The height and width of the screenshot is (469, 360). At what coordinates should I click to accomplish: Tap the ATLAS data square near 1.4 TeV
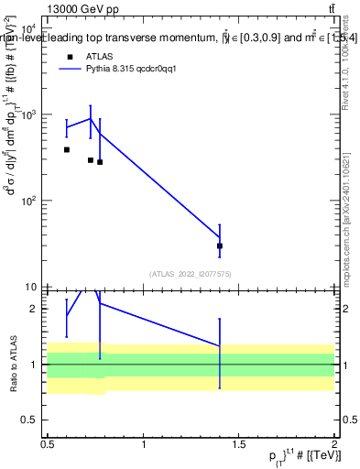coord(220,245)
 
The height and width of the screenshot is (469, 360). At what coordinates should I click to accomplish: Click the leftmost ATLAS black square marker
coord(67,149)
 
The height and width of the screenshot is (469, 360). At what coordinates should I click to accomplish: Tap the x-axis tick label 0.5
coord(48,444)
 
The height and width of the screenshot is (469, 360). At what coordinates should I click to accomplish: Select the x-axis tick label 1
coord(144,444)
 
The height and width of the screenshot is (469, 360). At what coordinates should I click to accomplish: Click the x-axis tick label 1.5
coord(238,444)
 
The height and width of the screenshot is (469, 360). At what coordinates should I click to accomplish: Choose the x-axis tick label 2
coord(334,444)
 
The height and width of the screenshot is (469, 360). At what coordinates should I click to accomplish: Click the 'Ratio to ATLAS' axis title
coord(13,364)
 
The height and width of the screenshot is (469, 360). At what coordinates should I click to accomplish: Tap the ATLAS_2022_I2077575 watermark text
coord(191,273)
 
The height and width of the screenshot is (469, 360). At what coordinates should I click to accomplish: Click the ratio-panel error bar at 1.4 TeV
coord(220,353)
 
